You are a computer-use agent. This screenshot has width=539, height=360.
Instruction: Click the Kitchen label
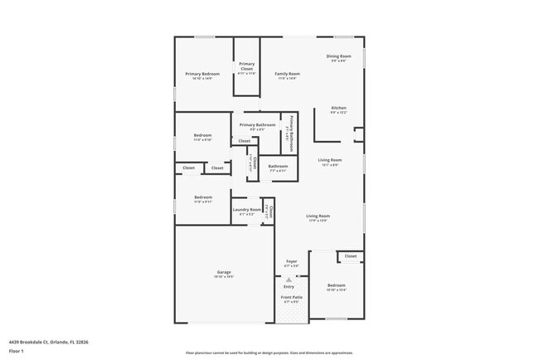pos(338,109)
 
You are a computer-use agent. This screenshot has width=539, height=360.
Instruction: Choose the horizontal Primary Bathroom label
pos(258,125)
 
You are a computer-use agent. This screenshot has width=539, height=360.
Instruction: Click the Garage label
pos(224,273)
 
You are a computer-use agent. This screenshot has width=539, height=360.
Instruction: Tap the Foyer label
pos(292,262)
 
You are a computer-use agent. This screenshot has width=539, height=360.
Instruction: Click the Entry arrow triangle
pos(289,280)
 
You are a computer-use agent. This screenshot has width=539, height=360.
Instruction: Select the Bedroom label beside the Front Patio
pos(336,286)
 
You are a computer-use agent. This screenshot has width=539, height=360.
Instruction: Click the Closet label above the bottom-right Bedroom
pos(351,256)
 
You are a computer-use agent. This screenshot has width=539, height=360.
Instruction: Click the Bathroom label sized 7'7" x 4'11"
pos(278,167)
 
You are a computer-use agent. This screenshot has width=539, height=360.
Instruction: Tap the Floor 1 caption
pos(17,351)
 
